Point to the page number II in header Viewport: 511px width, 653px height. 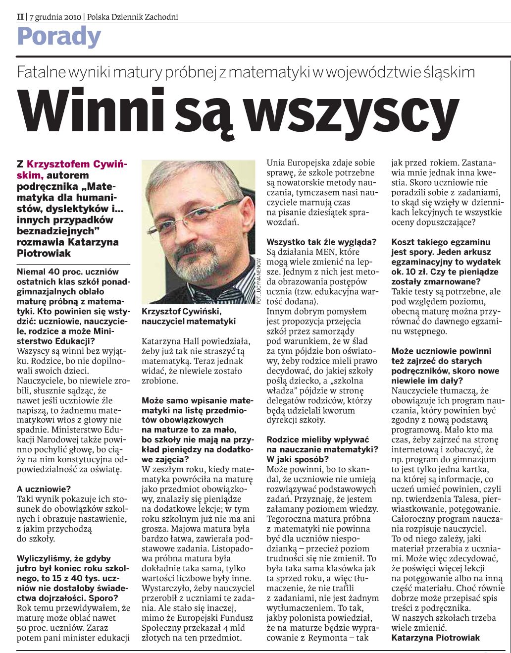point(20,17)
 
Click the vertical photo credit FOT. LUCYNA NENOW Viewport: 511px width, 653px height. point(259,280)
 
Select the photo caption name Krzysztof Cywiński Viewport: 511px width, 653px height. point(181,311)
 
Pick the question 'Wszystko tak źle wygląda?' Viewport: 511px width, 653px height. point(321,242)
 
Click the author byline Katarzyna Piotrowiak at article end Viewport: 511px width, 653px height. point(435,638)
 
